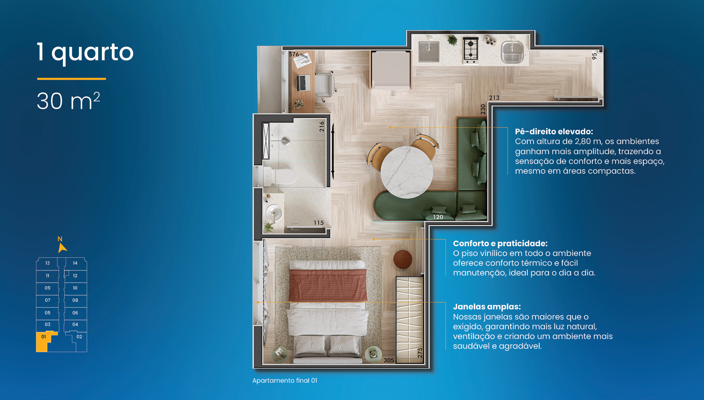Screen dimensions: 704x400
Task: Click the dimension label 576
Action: pos(294,54)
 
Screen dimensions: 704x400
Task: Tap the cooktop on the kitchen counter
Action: pos(471,50)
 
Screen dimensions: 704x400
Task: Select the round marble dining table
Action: pos(407,172)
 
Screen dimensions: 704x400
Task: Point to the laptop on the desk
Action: pos(303,83)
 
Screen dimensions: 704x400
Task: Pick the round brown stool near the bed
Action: pos(403,259)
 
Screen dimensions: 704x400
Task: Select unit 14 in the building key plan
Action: pos(75,263)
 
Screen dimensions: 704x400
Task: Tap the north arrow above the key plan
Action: pos(62,248)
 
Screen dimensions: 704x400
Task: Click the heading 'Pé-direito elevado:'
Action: pos(554,131)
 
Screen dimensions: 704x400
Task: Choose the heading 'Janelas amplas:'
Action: pos(487,306)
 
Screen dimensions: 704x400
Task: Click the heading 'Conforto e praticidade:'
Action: pos(500,243)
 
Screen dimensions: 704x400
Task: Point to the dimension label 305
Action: pos(389,360)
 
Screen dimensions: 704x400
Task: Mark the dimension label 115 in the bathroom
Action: pos(318,223)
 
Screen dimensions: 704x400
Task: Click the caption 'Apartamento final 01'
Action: pos(285,381)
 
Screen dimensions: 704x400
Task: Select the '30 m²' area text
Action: pos(68,101)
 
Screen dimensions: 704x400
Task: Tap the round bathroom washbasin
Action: pos(274,213)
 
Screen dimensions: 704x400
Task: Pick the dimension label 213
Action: pos(494,98)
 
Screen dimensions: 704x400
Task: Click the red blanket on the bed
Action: pos(328,285)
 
